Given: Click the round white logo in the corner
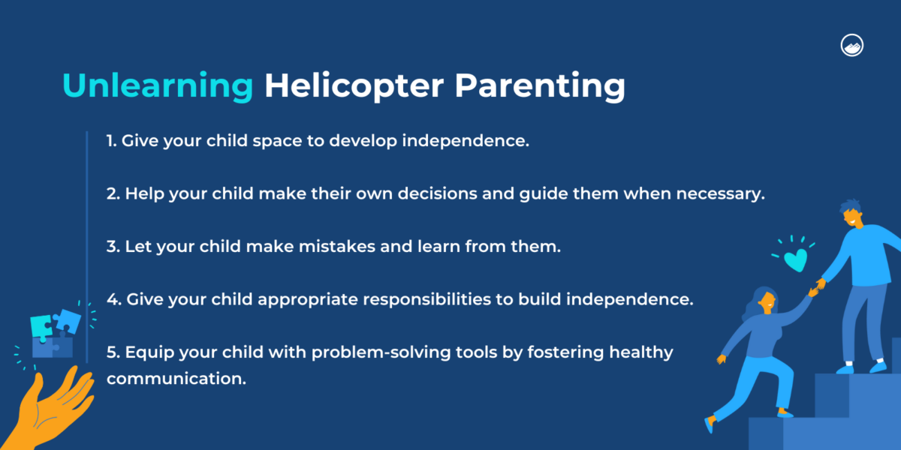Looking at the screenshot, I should pos(852,45).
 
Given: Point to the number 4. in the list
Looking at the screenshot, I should pos(114,298).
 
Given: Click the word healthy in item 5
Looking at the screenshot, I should pos(642,352).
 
